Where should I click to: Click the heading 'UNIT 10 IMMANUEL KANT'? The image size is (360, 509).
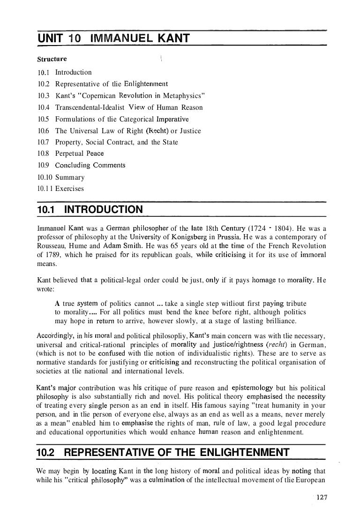(x=112, y=38)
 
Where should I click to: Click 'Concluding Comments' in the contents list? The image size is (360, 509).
(x=90, y=165)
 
